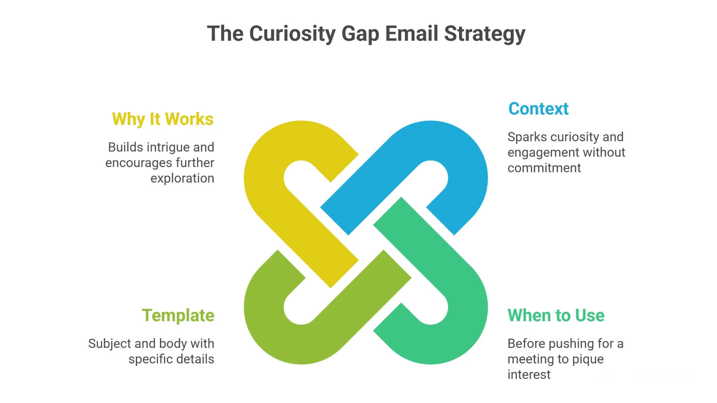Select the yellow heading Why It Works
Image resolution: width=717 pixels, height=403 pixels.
[162, 119]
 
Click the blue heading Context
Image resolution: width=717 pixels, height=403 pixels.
[538, 109]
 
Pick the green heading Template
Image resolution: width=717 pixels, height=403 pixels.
[178, 316]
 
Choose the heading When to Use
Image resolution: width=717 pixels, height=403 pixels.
[556, 316]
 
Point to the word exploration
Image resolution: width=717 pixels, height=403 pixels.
[182, 178]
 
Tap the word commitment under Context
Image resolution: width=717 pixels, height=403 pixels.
[544, 168]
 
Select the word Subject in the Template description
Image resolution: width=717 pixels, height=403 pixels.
[110, 344]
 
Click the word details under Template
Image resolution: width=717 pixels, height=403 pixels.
[195, 359]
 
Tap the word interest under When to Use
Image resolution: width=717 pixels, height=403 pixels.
[529, 375]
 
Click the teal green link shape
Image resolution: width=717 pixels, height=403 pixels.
[466, 287]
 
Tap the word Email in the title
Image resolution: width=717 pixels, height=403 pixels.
[411, 34]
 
